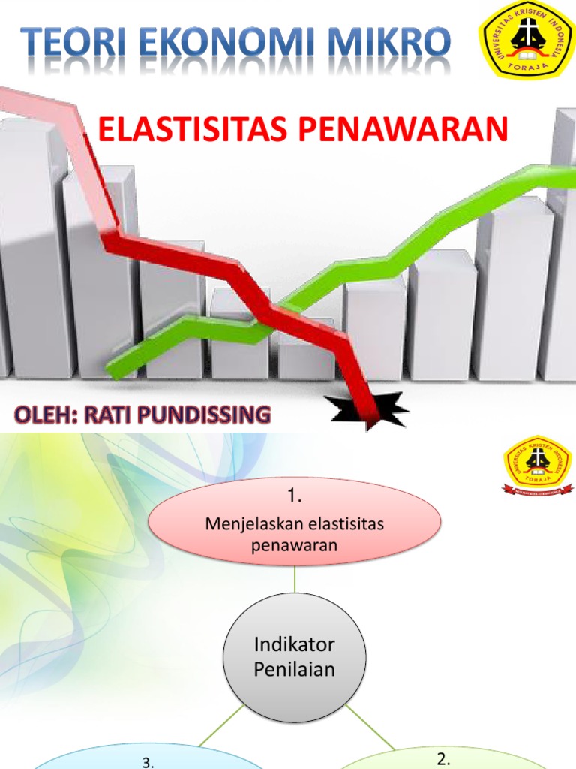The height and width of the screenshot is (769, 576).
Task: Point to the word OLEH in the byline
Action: pos(42,414)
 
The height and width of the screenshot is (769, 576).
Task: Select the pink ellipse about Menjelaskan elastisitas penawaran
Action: pos(295,523)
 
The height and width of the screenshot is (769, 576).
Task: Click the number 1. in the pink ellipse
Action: pos(295,496)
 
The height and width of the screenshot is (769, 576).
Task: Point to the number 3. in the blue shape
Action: pos(148,762)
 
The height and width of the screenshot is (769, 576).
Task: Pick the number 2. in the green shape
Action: pos(443,759)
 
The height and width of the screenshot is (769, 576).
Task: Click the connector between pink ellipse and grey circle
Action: pos(295,579)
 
